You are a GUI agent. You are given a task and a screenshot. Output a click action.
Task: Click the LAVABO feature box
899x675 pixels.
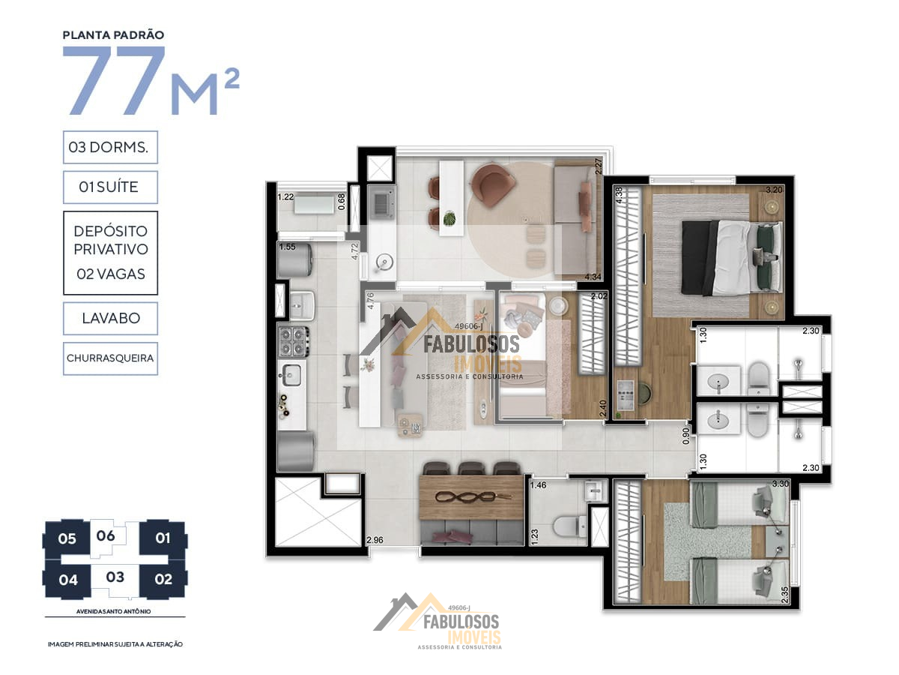(x=110, y=319)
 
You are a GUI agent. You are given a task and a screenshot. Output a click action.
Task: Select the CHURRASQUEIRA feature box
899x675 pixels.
(x=110, y=358)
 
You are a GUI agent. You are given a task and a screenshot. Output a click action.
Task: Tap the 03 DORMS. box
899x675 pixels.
(x=110, y=147)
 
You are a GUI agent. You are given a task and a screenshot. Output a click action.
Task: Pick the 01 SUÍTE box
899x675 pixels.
(x=110, y=187)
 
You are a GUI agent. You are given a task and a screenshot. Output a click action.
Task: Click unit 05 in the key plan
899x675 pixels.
(x=67, y=538)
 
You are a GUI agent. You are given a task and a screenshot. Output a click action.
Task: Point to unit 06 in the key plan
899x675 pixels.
(x=106, y=535)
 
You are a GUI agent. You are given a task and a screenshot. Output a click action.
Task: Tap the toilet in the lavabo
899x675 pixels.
(x=569, y=526)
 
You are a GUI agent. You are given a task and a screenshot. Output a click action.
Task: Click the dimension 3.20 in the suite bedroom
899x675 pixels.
(x=774, y=190)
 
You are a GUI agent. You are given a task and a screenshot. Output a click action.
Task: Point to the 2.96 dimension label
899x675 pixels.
(x=375, y=540)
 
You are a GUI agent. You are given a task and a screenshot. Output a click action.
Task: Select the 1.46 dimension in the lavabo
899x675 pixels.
(x=538, y=484)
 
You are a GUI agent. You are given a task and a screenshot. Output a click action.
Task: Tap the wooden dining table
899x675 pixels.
(x=472, y=497)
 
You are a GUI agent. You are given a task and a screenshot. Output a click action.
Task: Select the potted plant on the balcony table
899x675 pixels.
(x=449, y=217)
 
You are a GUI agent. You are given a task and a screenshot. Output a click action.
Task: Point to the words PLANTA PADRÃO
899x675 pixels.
(x=113, y=35)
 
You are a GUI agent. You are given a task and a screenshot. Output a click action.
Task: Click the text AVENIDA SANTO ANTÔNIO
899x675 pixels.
(x=113, y=611)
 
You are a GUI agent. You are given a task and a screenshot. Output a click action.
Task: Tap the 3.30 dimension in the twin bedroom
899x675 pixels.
(x=780, y=484)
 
